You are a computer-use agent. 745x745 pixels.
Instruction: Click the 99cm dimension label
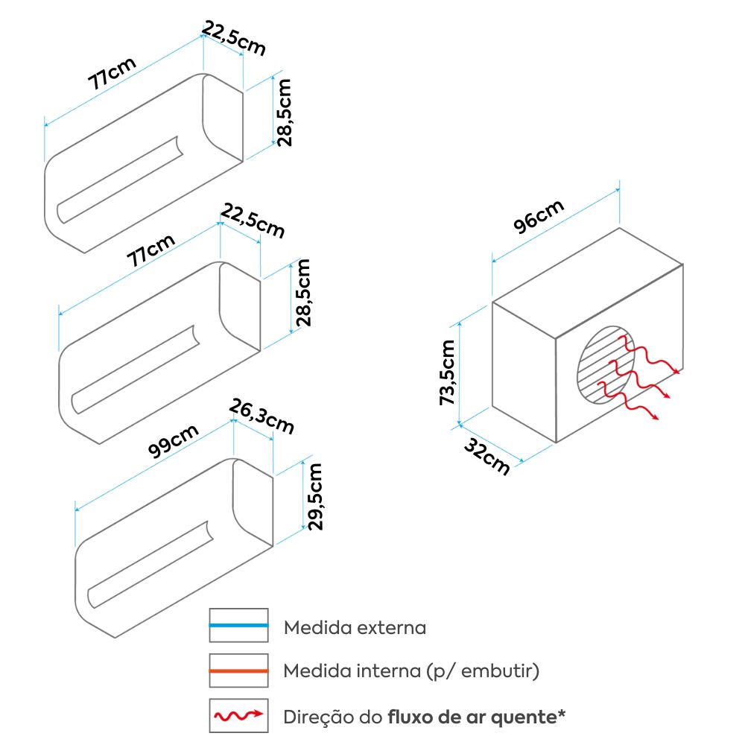(174, 441)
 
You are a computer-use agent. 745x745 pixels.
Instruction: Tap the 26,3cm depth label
(261, 416)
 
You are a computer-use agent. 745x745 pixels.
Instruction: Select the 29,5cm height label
(315, 496)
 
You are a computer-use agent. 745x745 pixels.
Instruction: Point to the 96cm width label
(539, 218)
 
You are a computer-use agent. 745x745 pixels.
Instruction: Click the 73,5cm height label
(447, 372)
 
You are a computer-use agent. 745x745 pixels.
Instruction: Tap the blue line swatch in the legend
(238, 625)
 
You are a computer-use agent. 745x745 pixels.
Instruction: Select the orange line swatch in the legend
(238, 671)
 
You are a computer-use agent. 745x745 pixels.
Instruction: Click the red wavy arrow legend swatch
(238, 717)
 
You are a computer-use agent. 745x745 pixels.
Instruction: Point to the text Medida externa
(355, 627)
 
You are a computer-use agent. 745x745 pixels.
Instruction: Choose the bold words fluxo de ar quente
(472, 717)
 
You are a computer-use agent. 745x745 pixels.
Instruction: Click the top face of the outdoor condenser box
(589, 283)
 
